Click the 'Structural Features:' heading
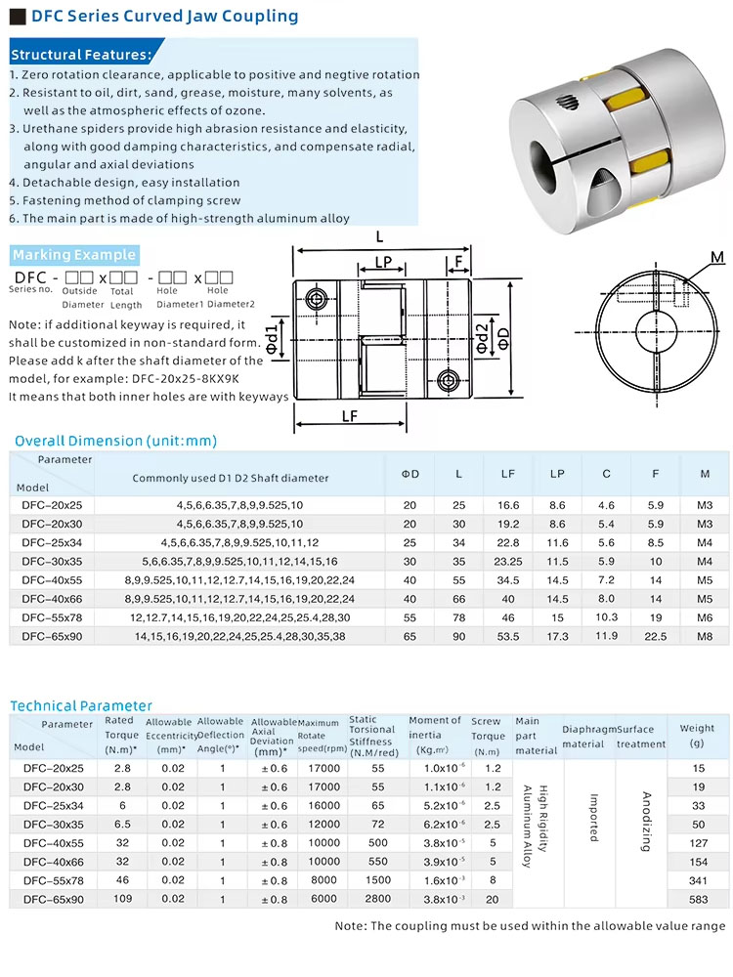coord(81,55)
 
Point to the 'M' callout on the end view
coord(717,257)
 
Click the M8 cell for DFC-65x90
coord(706,636)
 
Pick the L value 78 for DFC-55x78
coord(459,617)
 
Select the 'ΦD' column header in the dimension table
coord(410,474)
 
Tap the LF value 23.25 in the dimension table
coord(508,562)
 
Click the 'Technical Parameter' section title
coord(81,705)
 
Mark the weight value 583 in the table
coord(698,899)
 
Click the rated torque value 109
coord(122,898)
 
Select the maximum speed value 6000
coord(323,899)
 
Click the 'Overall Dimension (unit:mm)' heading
coord(115,441)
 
